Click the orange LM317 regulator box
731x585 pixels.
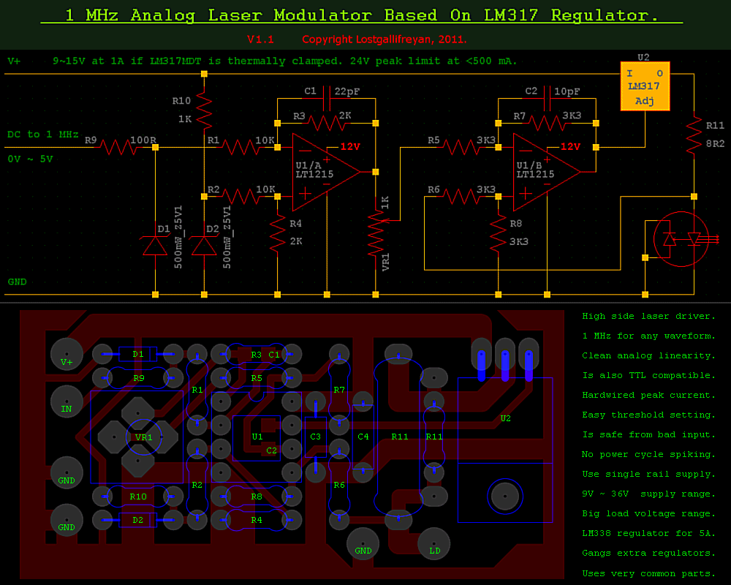[x=645, y=87]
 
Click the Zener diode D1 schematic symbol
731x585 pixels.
[x=155, y=244]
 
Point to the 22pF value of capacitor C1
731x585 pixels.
[x=347, y=91]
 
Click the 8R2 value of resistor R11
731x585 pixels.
[x=715, y=143]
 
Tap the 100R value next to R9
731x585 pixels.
[x=142, y=139]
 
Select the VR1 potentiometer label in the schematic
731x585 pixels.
[x=386, y=263]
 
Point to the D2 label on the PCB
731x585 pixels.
[x=138, y=520]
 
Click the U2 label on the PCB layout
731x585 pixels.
[x=506, y=418]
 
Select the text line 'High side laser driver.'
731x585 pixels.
[x=648, y=316]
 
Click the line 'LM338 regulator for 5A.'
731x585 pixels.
[x=648, y=533]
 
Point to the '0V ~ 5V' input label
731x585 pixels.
[x=30, y=159]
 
